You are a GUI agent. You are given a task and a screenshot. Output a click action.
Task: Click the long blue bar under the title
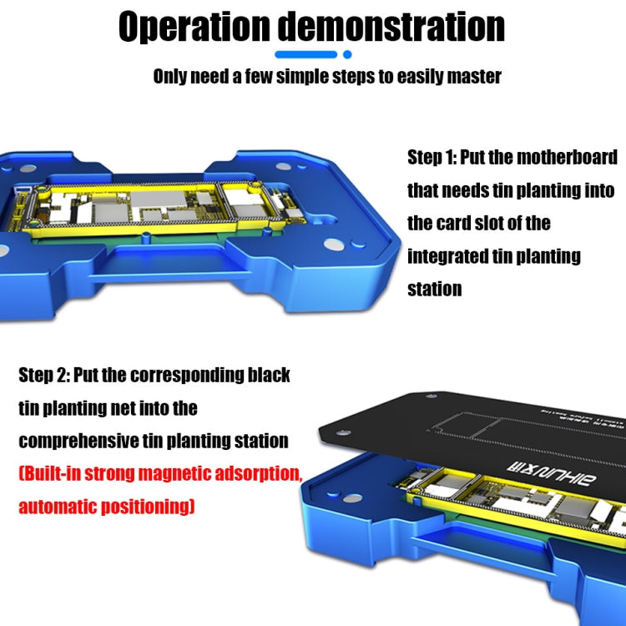pos(305,55)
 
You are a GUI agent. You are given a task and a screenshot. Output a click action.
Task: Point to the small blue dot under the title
pos(346,55)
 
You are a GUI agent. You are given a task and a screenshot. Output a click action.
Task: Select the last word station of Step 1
pos(434,289)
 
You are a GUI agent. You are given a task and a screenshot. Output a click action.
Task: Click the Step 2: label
pos(43,375)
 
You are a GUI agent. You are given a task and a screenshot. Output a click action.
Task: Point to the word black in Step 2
pos(268,375)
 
